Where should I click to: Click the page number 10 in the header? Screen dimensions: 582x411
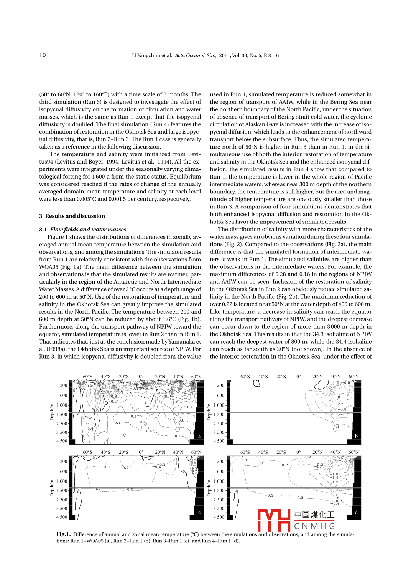click(43, 55)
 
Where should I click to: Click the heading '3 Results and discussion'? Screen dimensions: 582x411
click(72, 216)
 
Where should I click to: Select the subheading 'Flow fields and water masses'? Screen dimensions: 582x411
click(88, 230)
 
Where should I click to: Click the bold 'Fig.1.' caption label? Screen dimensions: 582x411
click(64, 534)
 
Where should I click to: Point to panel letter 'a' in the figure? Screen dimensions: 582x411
click(199, 436)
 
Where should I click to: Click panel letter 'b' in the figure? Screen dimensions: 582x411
click(356, 436)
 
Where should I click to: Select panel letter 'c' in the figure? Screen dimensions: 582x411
click(199, 512)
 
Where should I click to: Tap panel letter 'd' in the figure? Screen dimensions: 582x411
click(356, 512)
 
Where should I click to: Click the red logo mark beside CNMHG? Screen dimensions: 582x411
click(274, 520)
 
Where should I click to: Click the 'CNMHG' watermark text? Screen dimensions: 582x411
click(314, 526)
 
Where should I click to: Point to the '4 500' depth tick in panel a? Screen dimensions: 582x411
click(62, 441)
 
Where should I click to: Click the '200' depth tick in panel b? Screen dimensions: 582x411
click(221, 385)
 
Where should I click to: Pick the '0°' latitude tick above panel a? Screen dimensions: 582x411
click(141, 377)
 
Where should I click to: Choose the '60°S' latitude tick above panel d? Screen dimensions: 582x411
click(245, 452)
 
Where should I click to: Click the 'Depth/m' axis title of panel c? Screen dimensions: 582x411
click(52, 488)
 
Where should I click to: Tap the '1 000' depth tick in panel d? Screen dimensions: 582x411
click(219, 481)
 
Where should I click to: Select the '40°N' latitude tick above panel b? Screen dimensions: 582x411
click(335, 377)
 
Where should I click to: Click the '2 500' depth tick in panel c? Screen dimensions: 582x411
click(62, 500)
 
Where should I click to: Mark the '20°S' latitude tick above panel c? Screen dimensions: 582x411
click(123, 452)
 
